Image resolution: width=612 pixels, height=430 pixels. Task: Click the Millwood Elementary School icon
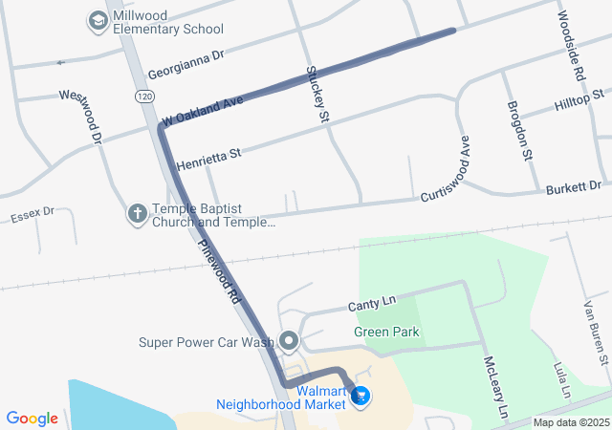[98, 20]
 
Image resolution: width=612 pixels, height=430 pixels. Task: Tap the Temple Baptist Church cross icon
[138, 213]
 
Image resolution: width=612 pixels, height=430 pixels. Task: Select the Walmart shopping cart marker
[361, 397]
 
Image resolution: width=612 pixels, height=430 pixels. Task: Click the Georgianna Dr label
[185, 64]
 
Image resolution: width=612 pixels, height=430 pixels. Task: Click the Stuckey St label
[317, 94]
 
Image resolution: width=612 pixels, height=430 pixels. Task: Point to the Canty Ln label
[372, 305]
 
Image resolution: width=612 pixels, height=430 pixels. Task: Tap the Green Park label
[386, 333]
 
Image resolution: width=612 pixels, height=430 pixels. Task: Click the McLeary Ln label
[494, 387]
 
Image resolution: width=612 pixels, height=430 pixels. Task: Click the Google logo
[32, 418]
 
